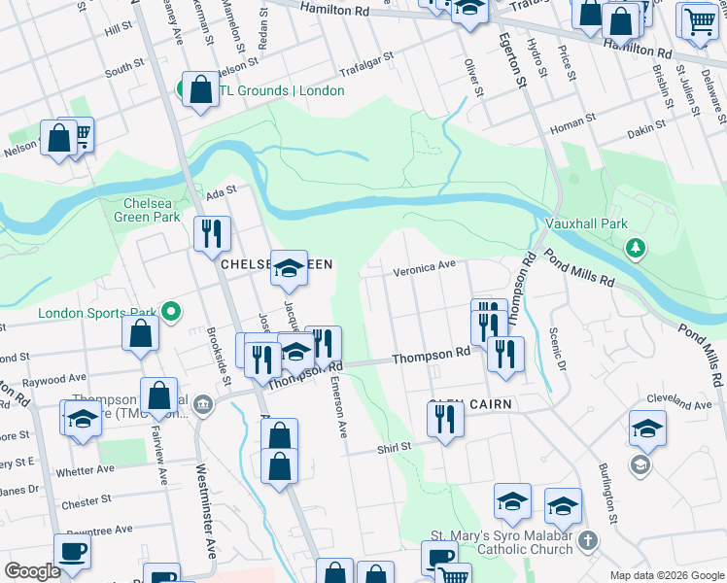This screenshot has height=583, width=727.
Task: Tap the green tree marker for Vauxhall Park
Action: [636, 249]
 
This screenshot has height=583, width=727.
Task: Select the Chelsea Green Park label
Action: [152, 211]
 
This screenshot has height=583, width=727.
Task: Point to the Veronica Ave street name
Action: [424, 267]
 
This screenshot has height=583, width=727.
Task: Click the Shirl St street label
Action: [395, 448]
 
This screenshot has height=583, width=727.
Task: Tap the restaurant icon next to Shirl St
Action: [445, 419]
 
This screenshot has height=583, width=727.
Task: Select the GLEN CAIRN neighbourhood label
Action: [469, 403]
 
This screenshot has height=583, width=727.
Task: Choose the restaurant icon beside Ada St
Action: [211, 233]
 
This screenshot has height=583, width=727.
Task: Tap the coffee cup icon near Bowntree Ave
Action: [73, 551]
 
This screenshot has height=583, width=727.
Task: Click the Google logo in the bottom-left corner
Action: [33, 571]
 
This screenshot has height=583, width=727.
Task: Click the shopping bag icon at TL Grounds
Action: [200, 89]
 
